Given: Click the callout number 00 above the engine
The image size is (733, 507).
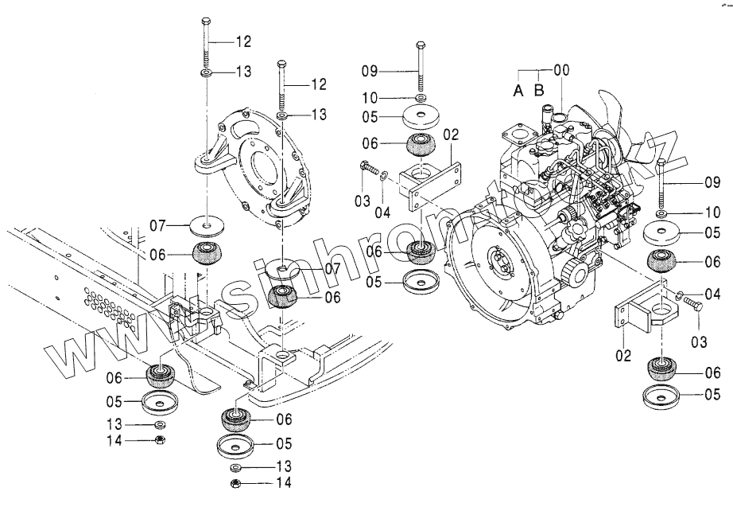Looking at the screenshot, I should (562, 70).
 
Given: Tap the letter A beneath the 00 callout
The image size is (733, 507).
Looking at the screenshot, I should (518, 91).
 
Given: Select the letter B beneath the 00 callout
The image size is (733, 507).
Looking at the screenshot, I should (539, 91).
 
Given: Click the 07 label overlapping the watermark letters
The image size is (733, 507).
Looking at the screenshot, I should (309, 269).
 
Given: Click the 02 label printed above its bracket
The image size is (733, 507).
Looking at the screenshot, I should (452, 135).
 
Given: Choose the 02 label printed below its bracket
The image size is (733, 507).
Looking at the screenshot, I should (622, 355).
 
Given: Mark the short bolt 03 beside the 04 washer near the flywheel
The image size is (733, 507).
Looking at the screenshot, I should (366, 169).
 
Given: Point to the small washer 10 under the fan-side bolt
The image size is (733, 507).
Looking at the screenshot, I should (661, 215).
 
